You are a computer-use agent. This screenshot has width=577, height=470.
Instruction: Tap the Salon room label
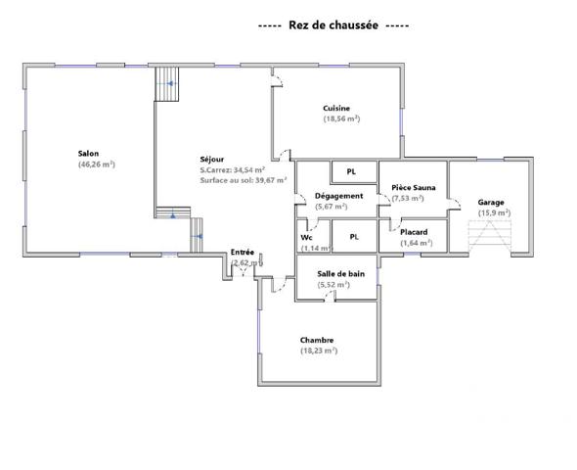(89, 154)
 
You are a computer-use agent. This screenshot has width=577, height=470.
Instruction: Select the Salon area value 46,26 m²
(97, 164)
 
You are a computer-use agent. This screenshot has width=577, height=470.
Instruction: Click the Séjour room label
(212, 159)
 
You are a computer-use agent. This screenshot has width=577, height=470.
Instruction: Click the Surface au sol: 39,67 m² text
(243, 180)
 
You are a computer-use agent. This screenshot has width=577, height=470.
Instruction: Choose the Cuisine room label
(336, 109)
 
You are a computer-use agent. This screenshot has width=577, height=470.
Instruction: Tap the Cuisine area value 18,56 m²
(342, 119)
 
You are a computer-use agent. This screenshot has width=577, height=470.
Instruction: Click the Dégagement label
(338, 196)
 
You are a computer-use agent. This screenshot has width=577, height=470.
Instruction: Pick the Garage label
(490, 202)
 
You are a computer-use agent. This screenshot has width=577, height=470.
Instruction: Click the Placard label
(415, 232)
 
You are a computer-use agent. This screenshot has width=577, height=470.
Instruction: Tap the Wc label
(306, 238)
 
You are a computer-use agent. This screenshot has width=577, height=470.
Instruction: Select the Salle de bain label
(341, 274)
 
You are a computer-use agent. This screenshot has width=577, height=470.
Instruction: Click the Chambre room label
(318, 340)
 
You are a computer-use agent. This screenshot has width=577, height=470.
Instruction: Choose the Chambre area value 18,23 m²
(319, 351)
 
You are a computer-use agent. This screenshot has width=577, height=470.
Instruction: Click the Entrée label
(243, 253)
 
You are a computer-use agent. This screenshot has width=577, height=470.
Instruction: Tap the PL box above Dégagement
(350, 172)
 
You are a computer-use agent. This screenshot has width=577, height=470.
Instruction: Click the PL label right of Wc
(355, 236)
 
